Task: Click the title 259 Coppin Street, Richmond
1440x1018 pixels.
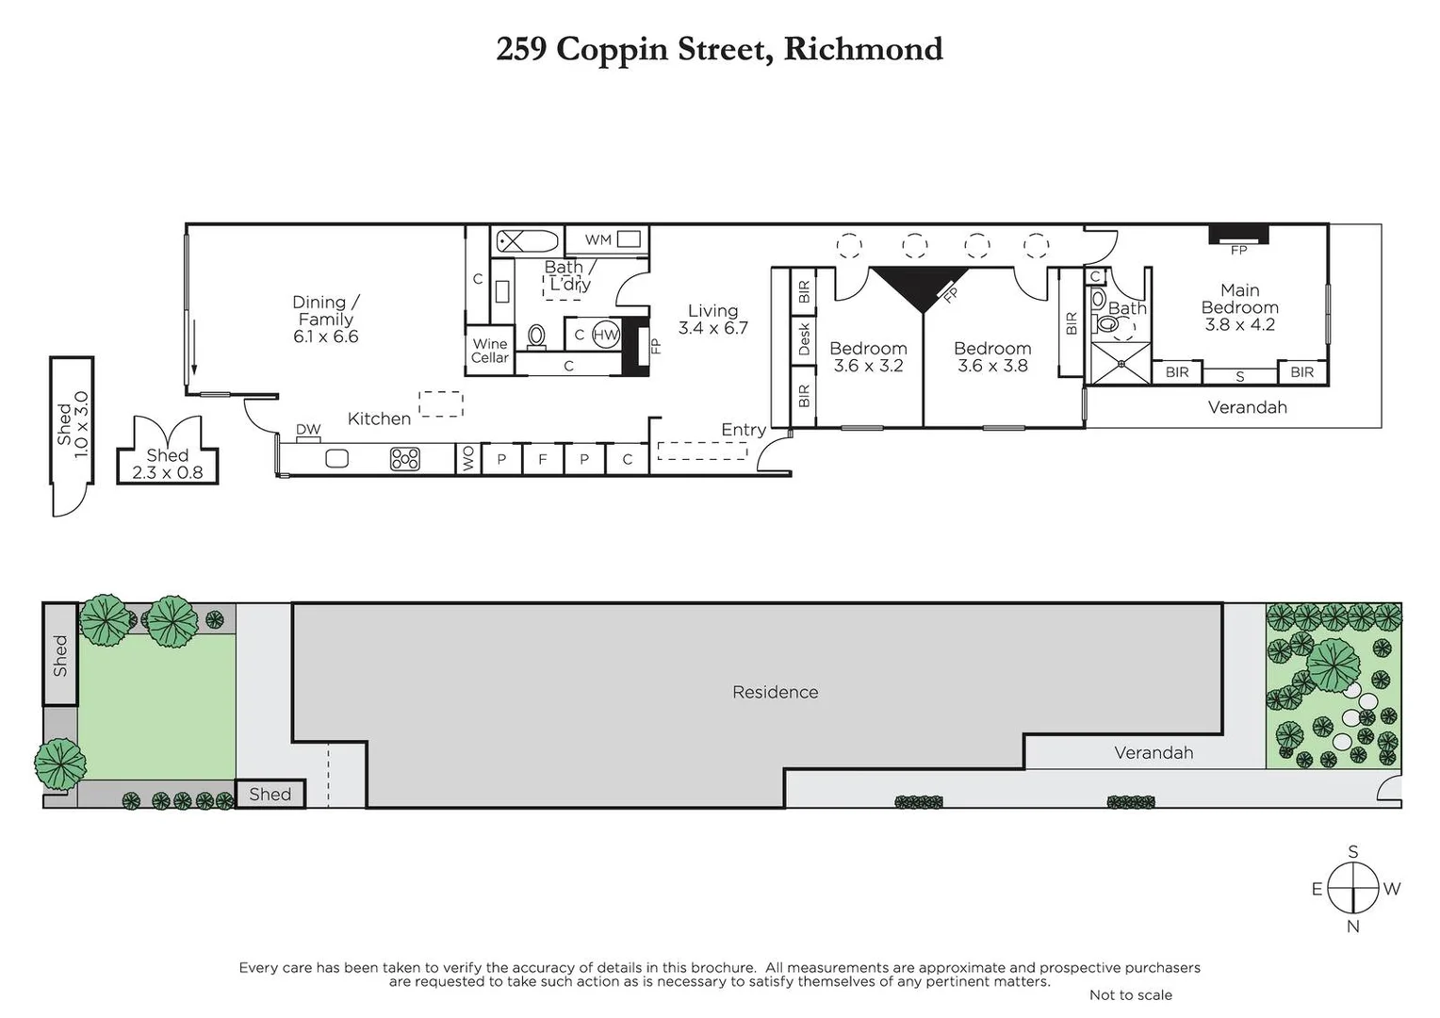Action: (x=719, y=49)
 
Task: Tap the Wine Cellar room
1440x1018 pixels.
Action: (x=490, y=351)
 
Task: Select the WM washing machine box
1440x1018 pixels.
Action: (x=612, y=239)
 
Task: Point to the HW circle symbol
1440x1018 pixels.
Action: (x=606, y=335)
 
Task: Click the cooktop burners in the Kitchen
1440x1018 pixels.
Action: (x=405, y=459)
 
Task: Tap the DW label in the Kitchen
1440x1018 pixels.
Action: (x=308, y=430)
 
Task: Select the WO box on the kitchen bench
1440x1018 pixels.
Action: (x=468, y=459)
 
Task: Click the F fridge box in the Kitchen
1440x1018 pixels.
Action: (x=543, y=459)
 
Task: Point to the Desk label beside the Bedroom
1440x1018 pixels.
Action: (x=804, y=339)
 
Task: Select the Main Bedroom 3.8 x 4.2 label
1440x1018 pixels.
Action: (x=1239, y=307)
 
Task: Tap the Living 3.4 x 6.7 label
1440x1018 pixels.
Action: (x=712, y=319)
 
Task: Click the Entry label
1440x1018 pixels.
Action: (x=743, y=430)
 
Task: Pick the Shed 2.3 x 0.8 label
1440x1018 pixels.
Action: (x=167, y=464)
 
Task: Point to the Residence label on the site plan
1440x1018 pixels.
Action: (x=775, y=692)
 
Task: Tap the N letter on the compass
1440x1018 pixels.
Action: (x=1352, y=927)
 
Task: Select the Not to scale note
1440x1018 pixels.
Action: (x=1130, y=994)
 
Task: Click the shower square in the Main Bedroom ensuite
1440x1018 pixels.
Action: (x=1121, y=363)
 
